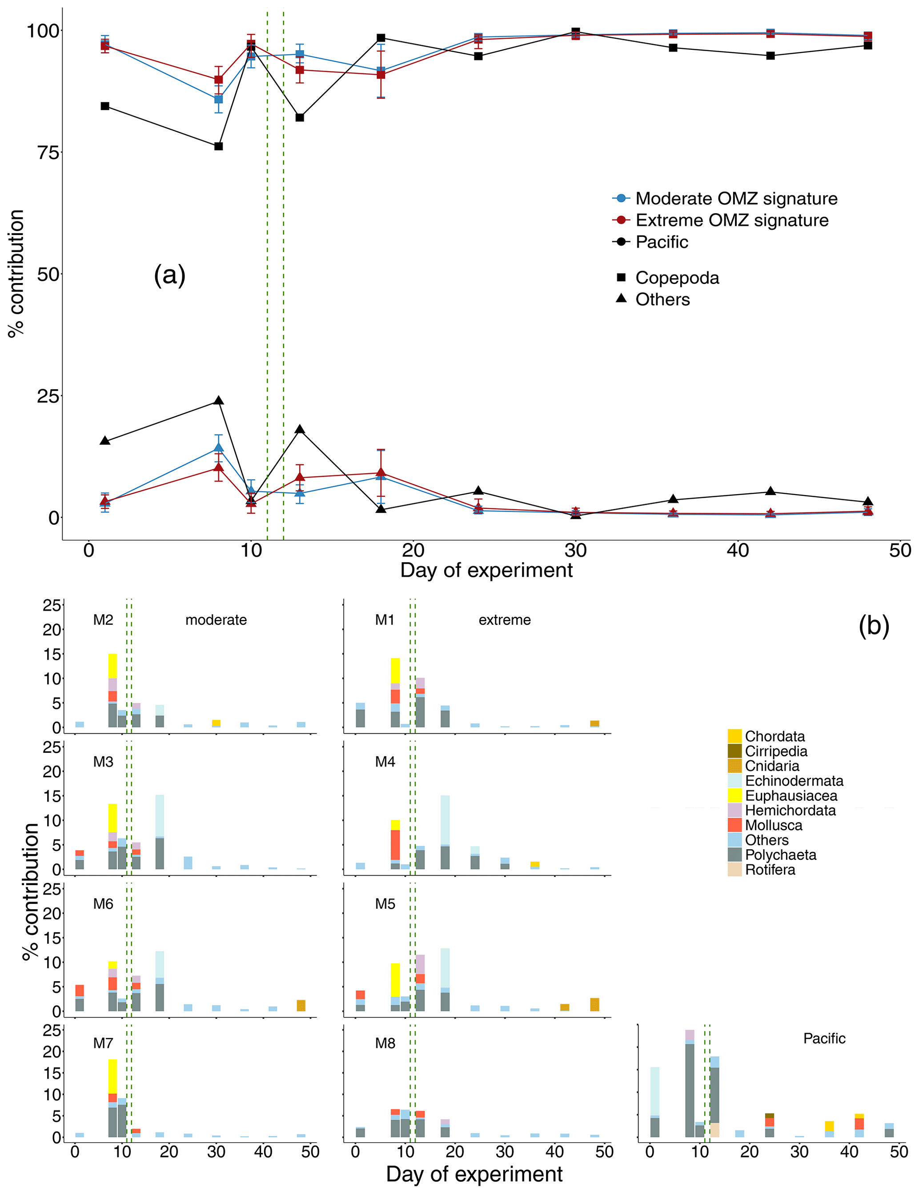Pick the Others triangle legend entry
(662, 299)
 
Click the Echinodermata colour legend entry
(794, 781)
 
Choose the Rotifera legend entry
(770, 869)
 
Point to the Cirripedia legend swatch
(734, 751)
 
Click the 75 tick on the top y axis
(48, 152)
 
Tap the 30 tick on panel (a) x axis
(575, 551)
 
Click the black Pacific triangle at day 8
(218, 401)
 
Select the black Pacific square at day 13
(300, 118)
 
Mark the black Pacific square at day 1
(105, 106)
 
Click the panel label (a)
(169, 275)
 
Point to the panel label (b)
(874, 625)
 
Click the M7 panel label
(103, 1043)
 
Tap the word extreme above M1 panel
(504, 620)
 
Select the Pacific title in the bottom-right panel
(824, 1038)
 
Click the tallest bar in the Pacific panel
(690, 1088)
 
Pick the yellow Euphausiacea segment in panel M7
(112, 1076)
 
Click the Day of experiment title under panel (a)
(486, 570)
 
